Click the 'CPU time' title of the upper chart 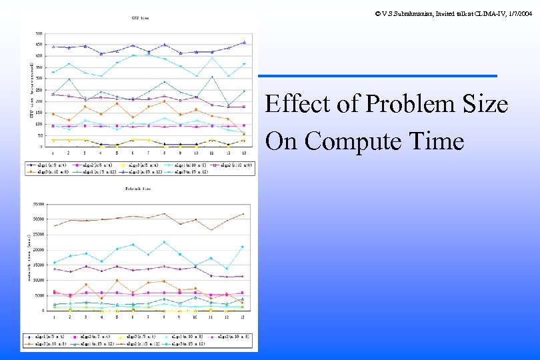point(140,17)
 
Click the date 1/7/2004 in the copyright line point(519,5)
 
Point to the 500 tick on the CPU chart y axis point(38,33)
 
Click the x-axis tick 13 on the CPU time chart point(244,153)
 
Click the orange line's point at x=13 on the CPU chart point(244,134)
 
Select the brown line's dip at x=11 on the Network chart point(211,230)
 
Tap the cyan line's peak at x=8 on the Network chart point(164,242)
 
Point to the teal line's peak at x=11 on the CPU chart point(212,77)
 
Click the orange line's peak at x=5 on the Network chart point(117,280)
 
